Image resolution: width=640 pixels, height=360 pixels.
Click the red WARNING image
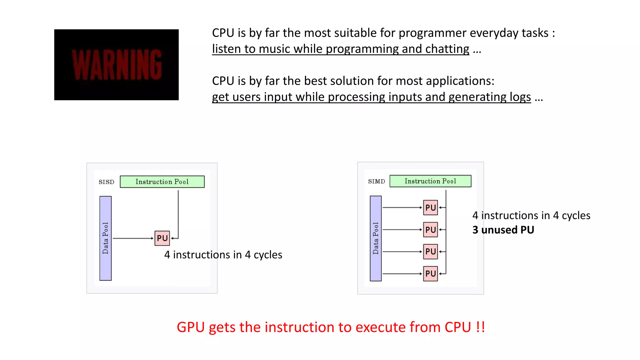point(116,65)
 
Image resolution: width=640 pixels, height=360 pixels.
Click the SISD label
point(106,182)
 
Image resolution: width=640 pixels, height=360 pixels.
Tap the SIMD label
point(376,181)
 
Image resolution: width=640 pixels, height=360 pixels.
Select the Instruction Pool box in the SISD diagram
point(162,182)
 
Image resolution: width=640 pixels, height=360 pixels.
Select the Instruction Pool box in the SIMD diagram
point(430,181)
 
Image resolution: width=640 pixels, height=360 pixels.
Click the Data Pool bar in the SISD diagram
point(105,238)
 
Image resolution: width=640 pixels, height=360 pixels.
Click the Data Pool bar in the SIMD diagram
point(375,238)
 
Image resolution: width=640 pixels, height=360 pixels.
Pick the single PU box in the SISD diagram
point(162,238)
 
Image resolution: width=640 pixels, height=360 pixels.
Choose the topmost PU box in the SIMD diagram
point(430,207)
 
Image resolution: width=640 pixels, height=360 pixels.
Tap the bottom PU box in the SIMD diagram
point(430,274)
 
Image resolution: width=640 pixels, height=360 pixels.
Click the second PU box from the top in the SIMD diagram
point(430,230)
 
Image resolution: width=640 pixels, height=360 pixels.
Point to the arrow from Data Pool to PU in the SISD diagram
point(133,238)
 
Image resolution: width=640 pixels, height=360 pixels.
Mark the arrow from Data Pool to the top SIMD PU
point(402,207)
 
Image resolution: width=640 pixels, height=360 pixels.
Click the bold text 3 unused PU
point(503,230)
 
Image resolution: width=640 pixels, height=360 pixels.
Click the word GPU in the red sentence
point(191,327)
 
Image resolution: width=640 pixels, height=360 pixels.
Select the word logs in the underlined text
point(520,97)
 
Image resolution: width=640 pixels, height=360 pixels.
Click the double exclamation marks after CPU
point(481,327)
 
